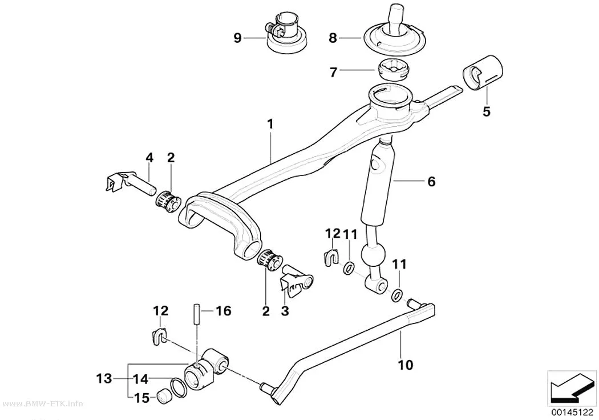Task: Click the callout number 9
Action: click(237, 38)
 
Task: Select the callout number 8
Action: click(333, 38)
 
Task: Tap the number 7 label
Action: click(333, 71)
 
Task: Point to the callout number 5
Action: click(486, 111)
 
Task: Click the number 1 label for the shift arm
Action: click(270, 124)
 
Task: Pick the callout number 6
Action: click(431, 181)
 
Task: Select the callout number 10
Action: click(405, 365)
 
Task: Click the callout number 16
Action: click(224, 311)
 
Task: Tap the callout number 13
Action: click(104, 379)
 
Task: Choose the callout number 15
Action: click(141, 398)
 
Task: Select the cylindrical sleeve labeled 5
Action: click(483, 74)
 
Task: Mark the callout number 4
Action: click(149, 157)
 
